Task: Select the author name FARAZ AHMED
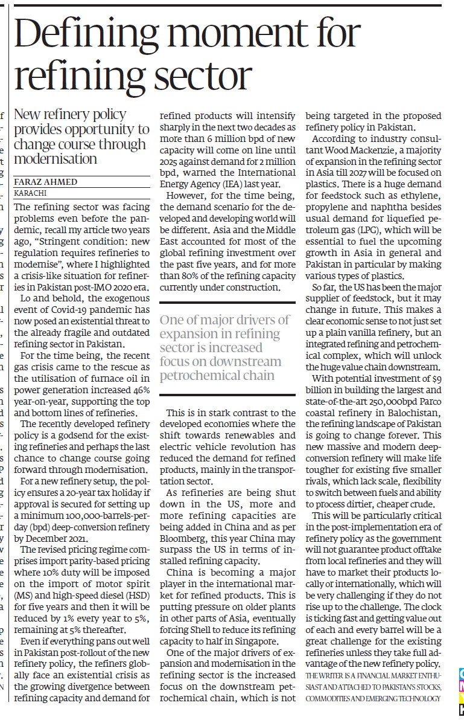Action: tap(45, 181)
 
